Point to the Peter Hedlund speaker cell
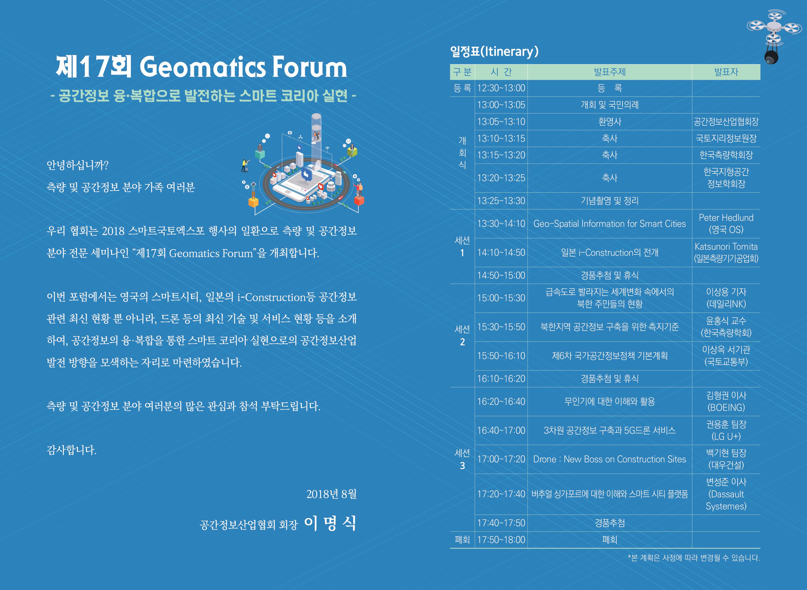coord(726,224)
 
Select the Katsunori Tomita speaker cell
coord(726,253)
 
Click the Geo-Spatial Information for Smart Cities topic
coord(610,224)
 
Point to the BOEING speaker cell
coord(726,401)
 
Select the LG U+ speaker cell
coord(726,430)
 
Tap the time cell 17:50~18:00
coord(501,540)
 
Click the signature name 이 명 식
coord(330,523)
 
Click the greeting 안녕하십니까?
coord(78,165)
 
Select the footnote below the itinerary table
coord(694,558)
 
